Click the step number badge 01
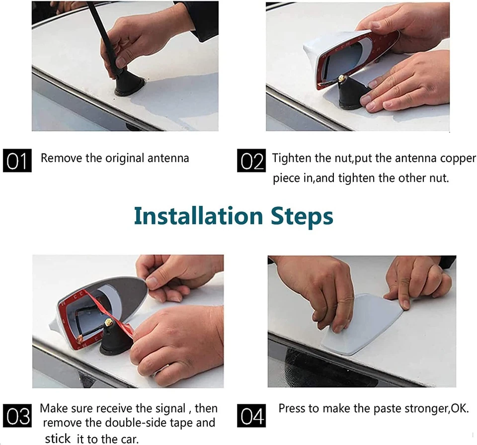(17, 161)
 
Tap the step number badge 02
(251, 161)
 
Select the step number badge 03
(17, 416)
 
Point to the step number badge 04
(251, 416)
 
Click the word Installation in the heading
(198, 216)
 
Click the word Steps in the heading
(302, 217)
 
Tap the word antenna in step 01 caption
(168, 158)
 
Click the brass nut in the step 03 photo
(108, 322)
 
